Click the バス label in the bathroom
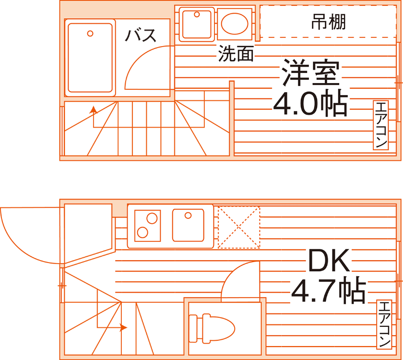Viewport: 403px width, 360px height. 141,36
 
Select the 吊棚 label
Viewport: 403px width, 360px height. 329,22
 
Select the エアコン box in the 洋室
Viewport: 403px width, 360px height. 380,125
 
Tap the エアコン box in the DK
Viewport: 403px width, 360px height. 384,324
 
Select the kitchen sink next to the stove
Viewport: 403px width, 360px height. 189,225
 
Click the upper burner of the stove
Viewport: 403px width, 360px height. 152,218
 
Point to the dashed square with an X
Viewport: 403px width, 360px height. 239,228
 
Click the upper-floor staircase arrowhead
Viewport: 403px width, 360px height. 93,109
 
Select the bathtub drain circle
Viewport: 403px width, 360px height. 90,34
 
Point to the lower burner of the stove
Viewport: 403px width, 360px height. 142,233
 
